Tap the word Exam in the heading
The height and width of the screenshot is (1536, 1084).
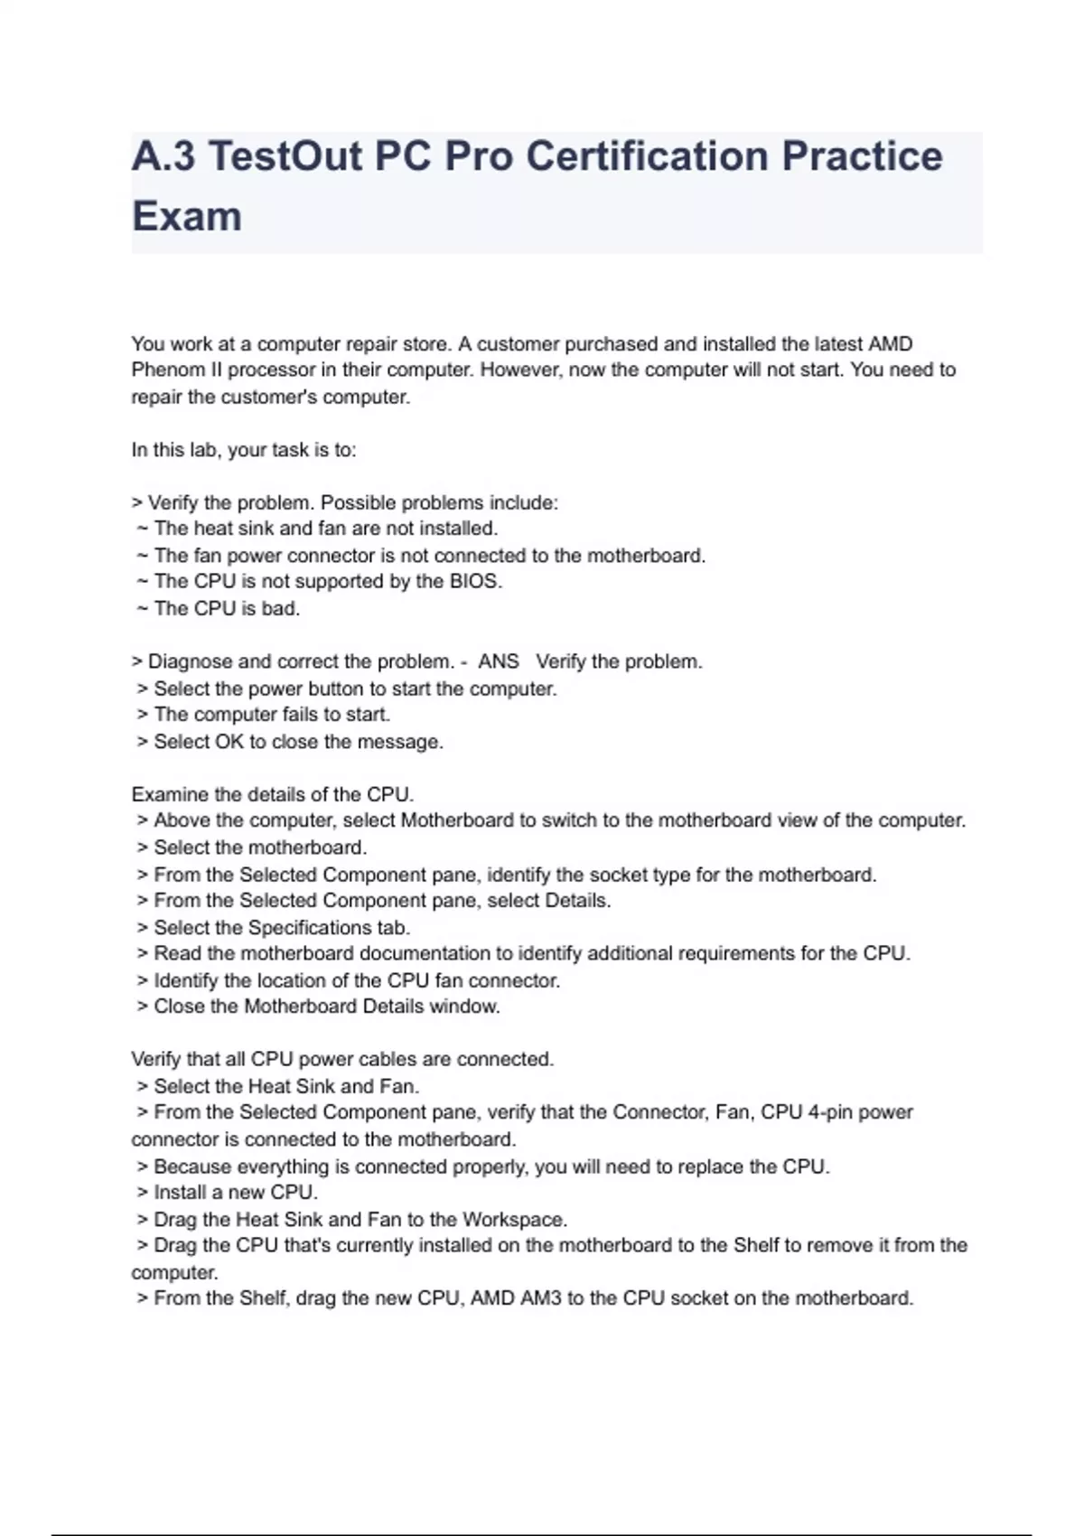tap(187, 217)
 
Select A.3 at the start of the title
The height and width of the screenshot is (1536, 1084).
tap(164, 156)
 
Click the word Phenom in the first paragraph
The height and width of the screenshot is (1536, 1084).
tap(163, 370)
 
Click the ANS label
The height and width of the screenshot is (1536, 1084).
tap(499, 661)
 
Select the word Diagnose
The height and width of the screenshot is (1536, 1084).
tap(190, 661)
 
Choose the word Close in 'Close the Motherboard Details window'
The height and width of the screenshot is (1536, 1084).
tap(181, 1007)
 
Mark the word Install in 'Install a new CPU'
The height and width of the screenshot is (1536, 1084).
tap(181, 1193)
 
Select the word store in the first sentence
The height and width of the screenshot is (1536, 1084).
tap(425, 344)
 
